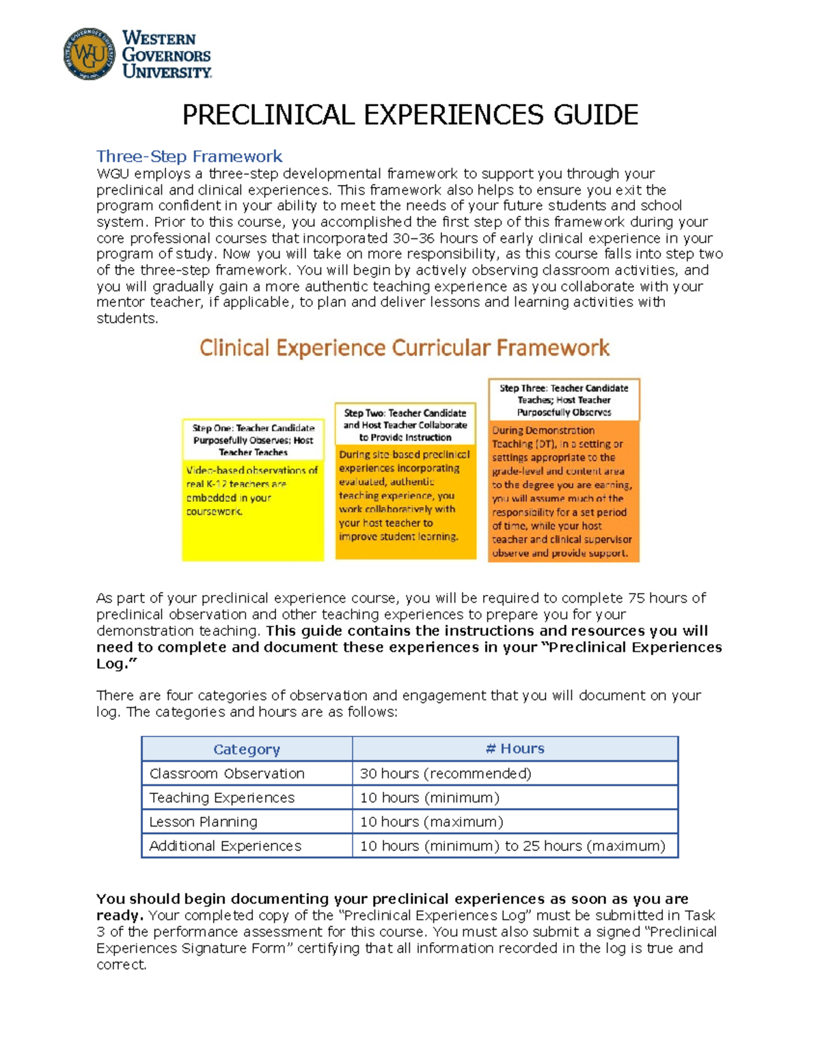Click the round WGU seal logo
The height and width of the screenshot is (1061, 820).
click(x=89, y=54)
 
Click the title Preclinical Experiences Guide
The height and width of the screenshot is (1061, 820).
click(x=410, y=115)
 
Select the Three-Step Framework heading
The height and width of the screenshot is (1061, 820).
click(x=189, y=156)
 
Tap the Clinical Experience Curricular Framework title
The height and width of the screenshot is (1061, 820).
click(x=405, y=348)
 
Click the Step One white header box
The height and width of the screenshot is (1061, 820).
click(x=253, y=440)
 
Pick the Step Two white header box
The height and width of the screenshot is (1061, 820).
click(x=405, y=425)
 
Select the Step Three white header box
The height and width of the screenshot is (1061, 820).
click(x=564, y=400)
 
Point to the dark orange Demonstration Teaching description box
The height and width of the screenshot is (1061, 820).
click(x=564, y=492)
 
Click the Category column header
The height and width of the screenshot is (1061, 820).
click(x=247, y=749)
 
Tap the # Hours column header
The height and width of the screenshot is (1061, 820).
click(x=515, y=749)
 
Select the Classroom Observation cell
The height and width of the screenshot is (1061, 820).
click(x=227, y=773)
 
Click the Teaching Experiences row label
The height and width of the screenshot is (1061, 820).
click(x=222, y=797)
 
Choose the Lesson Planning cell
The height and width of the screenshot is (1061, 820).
click(x=204, y=822)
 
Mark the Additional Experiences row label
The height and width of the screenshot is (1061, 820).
click(x=225, y=846)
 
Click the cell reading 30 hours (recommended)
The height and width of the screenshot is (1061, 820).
click(x=446, y=773)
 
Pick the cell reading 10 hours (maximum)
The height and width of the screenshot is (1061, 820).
click(x=431, y=822)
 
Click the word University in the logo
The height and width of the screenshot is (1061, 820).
click(x=167, y=72)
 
